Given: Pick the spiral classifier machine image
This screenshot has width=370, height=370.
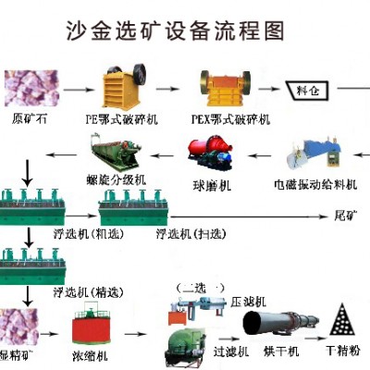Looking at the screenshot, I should (x=115, y=149).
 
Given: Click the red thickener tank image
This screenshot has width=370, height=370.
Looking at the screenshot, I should (x=93, y=325).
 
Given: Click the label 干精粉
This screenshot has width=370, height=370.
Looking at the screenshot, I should (x=341, y=353).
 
